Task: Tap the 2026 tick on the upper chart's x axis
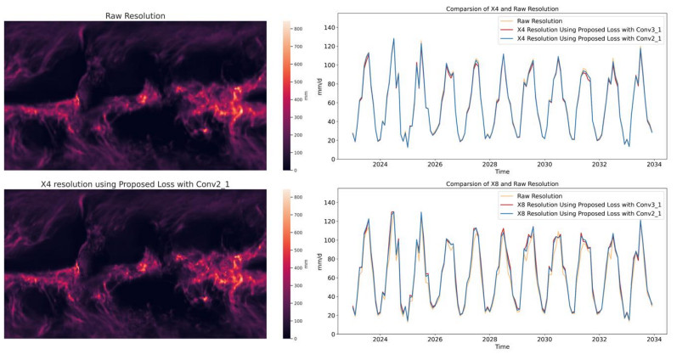(x=434, y=165)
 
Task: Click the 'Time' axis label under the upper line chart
(x=501, y=172)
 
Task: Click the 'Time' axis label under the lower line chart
(x=501, y=346)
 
